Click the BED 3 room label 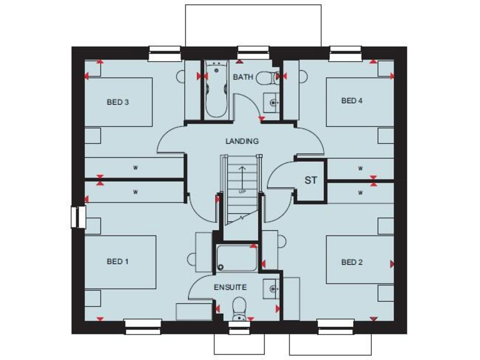(117, 102)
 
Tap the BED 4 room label (351, 101)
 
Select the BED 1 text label (117, 261)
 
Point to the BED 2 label (352, 262)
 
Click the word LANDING (242, 141)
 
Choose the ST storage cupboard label (311, 181)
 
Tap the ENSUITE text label (230, 287)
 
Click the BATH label (242, 77)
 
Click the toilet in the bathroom (266, 77)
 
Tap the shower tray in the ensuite (236, 258)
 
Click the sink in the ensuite (272, 289)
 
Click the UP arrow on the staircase (242, 178)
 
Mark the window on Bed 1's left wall (77, 216)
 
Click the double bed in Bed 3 (119, 102)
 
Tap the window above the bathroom (252, 54)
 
